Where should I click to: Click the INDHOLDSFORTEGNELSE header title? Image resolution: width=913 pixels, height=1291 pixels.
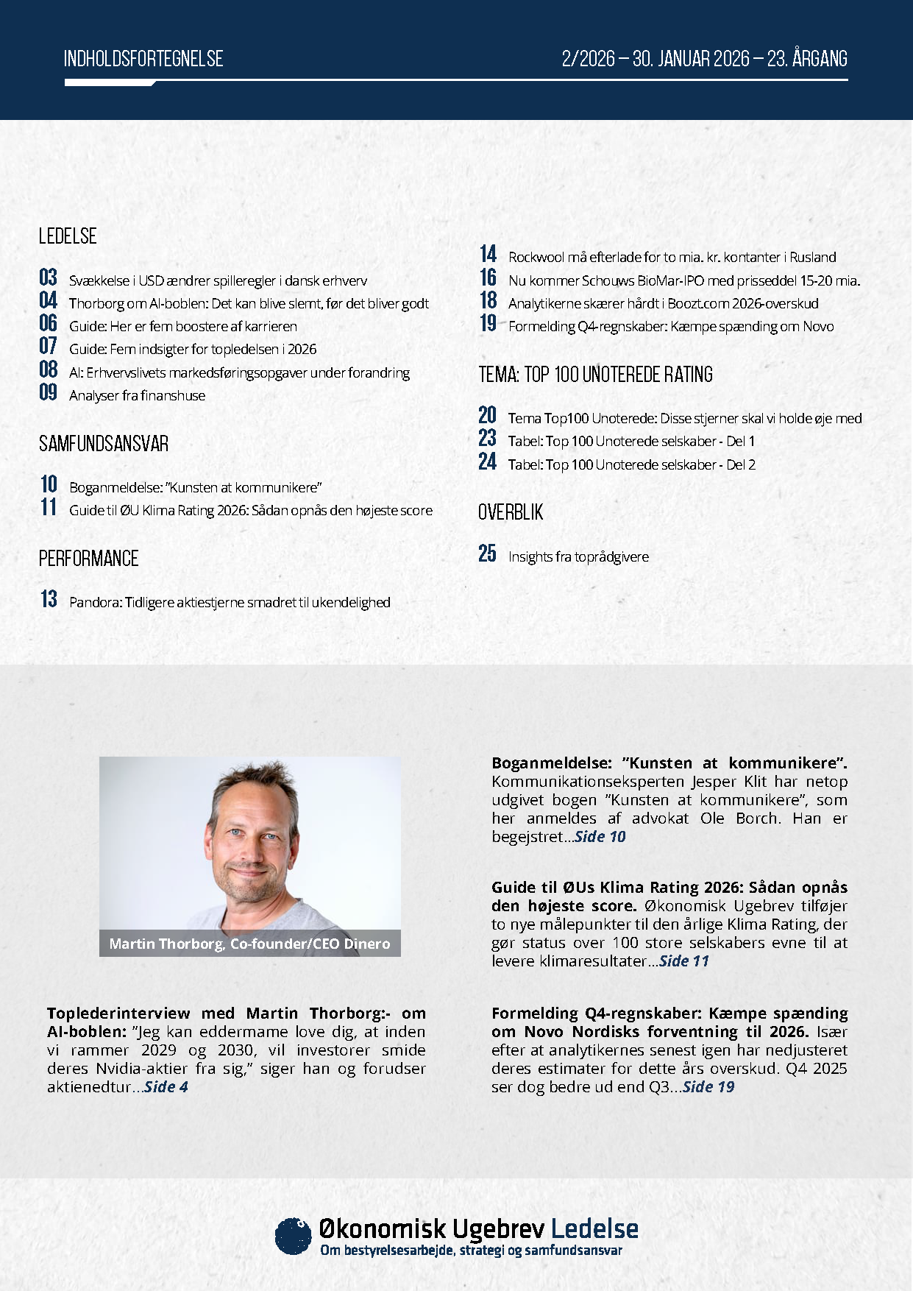point(143,59)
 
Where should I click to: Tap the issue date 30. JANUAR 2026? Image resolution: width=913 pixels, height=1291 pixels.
point(691,59)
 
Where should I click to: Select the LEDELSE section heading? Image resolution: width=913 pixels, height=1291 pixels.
point(68,236)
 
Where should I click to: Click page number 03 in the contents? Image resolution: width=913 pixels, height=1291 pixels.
point(49,277)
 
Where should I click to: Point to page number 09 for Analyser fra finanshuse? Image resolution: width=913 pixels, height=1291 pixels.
point(49,392)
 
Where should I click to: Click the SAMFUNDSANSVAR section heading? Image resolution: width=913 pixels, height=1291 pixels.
point(104,444)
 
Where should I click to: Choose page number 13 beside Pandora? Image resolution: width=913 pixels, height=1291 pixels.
point(49,599)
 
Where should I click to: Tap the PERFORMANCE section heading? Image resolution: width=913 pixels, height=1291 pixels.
point(88,559)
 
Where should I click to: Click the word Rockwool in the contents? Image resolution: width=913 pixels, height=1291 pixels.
point(536,257)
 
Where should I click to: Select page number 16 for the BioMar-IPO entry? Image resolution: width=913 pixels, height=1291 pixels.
point(489,277)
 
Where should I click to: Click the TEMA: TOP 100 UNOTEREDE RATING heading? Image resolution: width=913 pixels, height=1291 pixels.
point(595,375)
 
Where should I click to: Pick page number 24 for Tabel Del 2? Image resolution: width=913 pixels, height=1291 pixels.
point(488,461)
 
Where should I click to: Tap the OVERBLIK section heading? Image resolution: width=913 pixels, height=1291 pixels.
point(511,512)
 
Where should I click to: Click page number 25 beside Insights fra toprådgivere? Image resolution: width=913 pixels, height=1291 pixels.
point(488,553)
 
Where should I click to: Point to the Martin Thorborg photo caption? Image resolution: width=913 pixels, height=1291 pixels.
point(249,944)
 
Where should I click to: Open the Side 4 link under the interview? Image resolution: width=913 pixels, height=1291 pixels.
point(166,1087)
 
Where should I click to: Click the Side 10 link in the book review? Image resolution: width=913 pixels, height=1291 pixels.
point(600,837)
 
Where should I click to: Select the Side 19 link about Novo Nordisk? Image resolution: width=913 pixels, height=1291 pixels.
point(708,1087)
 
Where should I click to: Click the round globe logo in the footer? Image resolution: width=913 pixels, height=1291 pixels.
point(293,1235)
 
